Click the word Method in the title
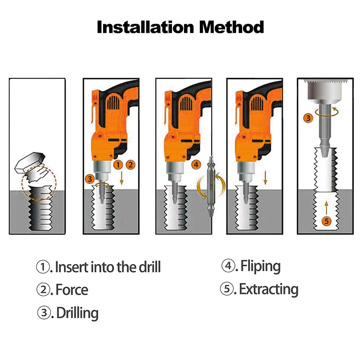pyautogui.click(x=231, y=27)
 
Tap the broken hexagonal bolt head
pyautogui.click(x=30, y=162)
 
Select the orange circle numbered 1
pyautogui.click(x=118, y=165)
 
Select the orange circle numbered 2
pyautogui.click(x=130, y=165)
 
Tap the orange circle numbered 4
pyautogui.click(x=196, y=165)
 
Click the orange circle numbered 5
pyautogui.click(x=326, y=221)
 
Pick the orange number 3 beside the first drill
pyautogui.click(x=90, y=179)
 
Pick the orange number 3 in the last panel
pyautogui.click(x=308, y=118)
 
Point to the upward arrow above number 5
pyautogui.click(x=327, y=207)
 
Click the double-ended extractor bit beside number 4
pyautogui.click(x=210, y=186)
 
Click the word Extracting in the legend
pyautogui.click(x=269, y=289)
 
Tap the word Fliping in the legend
pyautogui.click(x=261, y=266)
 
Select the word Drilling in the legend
pyautogui.click(x=77, y=313)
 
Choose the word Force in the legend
pyautogui.click(x=72, y=290)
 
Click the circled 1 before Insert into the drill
pyautogui.click(x=43, y=267)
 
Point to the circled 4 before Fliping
pyautogui.click(x=228, y=266)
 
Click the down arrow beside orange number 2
pyautogui.click(x=121, y=178)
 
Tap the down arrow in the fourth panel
pyautogui.click(x=265, y=178)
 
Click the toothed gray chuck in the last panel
pyautogui.click(x=326, y=91)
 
